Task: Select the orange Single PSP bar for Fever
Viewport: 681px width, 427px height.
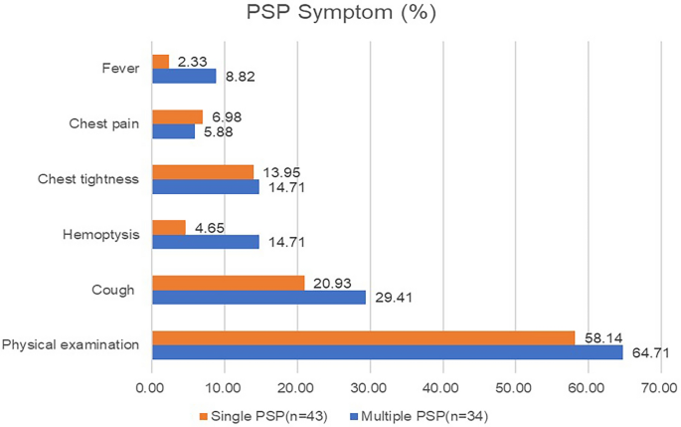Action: point(160,62)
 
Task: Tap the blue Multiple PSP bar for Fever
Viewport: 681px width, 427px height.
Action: point(183,76)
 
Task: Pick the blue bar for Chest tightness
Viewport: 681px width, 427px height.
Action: point(205,186)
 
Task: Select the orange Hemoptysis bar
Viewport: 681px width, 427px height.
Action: point(168,227)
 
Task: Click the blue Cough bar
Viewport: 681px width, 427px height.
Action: point(258,296)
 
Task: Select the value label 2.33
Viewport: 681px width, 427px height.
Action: point(193,62)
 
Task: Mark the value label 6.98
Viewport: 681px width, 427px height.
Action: point(227,117)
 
